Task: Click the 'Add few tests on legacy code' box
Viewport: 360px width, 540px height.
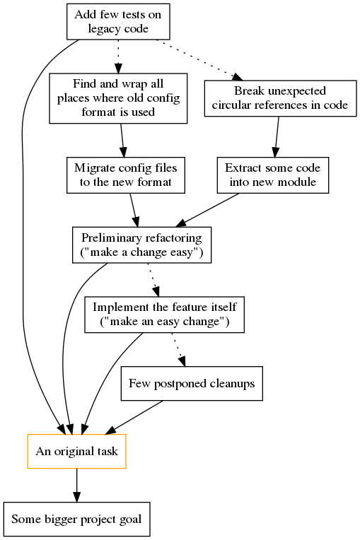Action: coord(118,21)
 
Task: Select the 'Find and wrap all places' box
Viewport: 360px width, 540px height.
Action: coord(118,98)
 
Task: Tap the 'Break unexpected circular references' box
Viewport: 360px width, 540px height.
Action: coord(280,98)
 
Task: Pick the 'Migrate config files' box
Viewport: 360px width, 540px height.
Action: coord(126,175)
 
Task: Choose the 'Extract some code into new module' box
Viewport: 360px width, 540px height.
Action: coord(273,175)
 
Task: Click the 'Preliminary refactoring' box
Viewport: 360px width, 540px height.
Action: coord(141,245)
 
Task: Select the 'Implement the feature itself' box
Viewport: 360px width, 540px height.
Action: coord(164,315)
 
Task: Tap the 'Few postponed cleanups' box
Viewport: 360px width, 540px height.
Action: coord(192,383)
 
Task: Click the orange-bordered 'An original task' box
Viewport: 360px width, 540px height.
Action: coord(77,451)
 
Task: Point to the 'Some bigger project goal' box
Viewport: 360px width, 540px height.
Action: coord(77,519)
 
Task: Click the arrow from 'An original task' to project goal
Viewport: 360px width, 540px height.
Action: coord(77,486)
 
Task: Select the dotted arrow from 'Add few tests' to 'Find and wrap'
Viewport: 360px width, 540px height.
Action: coord(118,57)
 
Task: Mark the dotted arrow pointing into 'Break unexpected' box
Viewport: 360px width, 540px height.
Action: coord(200,60)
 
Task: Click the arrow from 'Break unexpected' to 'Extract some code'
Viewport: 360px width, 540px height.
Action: coord(277,137)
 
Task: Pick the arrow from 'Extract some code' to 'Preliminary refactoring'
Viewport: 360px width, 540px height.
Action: coord(207,210)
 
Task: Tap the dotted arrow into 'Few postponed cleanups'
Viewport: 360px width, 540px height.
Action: coord(178,350)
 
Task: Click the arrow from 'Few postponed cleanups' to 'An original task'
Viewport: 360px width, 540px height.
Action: coord(134,418)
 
